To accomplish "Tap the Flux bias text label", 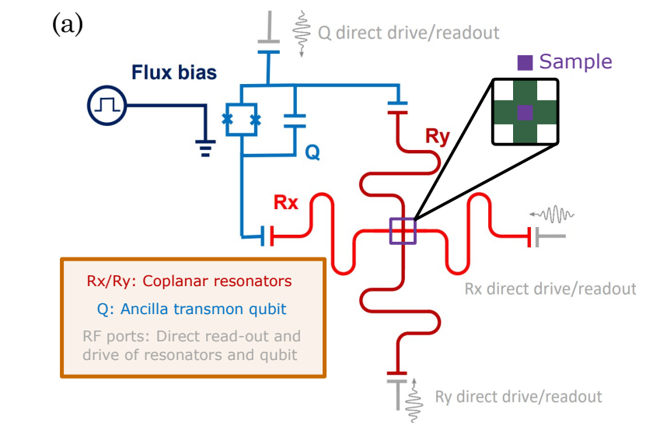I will click(x=173, y=74).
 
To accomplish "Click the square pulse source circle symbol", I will click(x=105, y=107).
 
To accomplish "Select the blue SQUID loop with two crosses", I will click(x=242, y=119).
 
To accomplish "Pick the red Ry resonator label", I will click(x=437, y=137).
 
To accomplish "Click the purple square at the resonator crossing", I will click(x=403, y=232).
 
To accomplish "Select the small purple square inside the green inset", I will click(x=526, y=112).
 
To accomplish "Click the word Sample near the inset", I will click(x=575, y=62).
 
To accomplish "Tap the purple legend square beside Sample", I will click(x=526, y=63).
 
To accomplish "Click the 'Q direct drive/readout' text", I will click(x=408, y=33).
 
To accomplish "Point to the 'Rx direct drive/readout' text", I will click(x=550, y=289).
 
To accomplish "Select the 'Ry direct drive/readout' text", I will click(x=519, y=397).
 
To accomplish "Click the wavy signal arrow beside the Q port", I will click(x=301, y=33).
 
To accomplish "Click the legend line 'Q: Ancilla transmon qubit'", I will click(x=192, y=309).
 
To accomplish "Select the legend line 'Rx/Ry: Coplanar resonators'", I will click(x=190, y=281).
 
